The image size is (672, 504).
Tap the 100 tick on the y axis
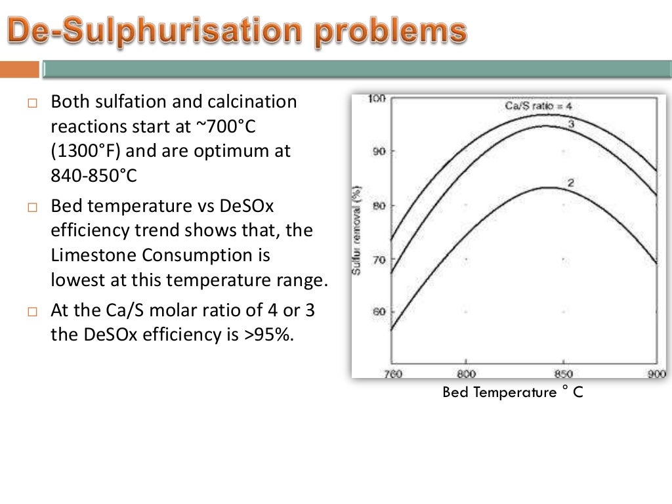[377, 98]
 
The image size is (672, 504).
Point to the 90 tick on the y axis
[379, 152]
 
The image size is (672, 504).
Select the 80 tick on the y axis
[379, 205]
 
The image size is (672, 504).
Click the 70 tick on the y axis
[379, 259]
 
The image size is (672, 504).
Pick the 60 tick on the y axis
[379, 312]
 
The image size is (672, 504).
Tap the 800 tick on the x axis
[465, 374]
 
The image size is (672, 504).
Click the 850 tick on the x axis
[563, 374]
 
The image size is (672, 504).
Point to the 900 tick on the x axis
[656, 374]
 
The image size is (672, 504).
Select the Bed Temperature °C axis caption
[513, 392]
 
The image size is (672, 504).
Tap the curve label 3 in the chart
[571, 124]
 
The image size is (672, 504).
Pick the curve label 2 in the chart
[570, 183]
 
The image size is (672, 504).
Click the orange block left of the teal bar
[19, 69]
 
